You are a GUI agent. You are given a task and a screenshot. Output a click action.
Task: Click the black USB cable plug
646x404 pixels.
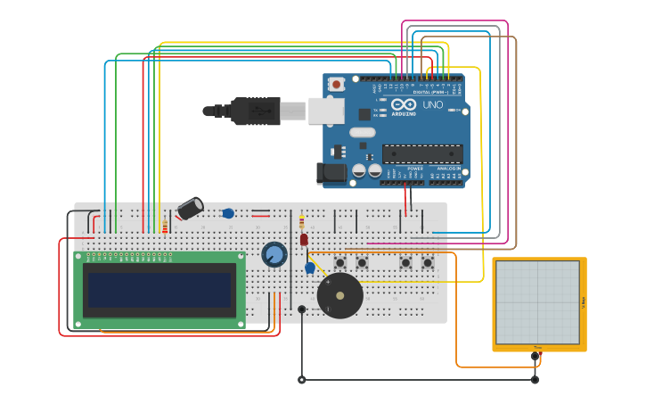[255, 111]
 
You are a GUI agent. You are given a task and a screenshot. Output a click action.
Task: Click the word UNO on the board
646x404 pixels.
[432, 104]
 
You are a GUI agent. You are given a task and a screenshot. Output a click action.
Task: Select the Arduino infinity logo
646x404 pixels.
[404, 104]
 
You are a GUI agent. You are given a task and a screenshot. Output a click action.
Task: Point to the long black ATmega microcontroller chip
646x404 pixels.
[422, 153]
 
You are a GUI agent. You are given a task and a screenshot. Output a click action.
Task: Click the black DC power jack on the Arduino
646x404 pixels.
[332, 174]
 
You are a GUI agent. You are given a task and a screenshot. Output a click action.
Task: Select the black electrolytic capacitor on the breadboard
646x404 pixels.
[190, 209]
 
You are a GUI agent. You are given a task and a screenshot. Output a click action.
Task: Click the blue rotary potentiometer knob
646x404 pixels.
[274, 255]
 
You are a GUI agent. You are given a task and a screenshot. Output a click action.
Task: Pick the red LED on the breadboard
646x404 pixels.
[304, 239]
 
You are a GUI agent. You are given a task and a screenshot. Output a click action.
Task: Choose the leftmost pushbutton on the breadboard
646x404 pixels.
[340, 262]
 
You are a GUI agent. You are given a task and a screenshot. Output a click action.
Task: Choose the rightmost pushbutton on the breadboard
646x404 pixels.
[428, 262]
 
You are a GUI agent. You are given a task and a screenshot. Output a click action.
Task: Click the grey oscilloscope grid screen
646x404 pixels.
[537, 302]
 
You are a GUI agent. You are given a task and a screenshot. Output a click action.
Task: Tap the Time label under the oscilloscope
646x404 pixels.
[537, 347]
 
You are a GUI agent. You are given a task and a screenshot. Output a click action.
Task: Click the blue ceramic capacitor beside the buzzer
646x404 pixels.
[310, 268]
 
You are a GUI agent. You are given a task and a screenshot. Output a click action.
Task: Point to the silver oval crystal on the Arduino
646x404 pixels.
[362, 133]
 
